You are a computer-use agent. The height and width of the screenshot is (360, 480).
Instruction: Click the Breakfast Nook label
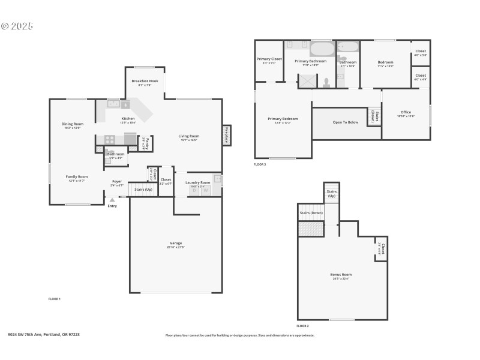click(145, 81)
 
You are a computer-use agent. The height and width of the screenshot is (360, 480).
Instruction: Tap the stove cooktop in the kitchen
click(110, 139)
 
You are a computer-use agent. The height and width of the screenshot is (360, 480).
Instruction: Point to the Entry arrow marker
click(112, 200)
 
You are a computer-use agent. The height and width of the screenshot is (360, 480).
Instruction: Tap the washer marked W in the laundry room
click(205, 190)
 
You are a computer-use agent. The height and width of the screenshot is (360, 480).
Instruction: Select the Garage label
click(175, 243)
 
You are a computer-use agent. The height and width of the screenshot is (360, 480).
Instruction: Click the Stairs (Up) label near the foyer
click(143, 189)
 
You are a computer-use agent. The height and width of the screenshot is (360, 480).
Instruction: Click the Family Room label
click(77, 176)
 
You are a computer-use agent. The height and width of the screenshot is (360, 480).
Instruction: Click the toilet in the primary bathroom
click(326, 82)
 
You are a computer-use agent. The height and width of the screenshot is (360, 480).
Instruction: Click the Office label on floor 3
click(406, 112)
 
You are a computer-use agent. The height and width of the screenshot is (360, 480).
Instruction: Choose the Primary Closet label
click(269, 59)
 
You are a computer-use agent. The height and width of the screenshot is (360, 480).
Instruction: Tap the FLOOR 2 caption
click(302, 326)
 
